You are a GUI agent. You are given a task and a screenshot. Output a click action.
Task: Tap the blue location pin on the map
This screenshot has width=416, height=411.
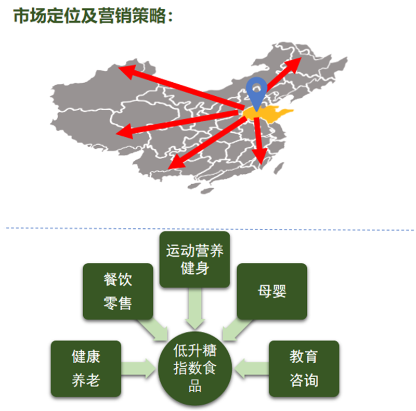(256, 91)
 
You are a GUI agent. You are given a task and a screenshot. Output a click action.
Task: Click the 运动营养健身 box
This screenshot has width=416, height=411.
(194, 260)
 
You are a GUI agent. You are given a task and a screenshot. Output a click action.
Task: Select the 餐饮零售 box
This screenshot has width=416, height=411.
(118, 291)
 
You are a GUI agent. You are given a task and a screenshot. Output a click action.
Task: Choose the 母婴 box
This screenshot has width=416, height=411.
(271, 291)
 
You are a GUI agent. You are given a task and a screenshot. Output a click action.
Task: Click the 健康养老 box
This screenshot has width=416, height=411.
(86, 368)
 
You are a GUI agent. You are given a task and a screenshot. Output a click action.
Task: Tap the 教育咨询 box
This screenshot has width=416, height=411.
(304, 368)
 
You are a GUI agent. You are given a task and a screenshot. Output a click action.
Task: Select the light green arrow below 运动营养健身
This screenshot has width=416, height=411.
(194, 305)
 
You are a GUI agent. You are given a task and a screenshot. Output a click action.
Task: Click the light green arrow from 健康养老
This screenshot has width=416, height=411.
(139, 368)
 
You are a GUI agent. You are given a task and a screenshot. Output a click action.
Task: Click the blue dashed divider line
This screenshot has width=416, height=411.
(208, 228)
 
